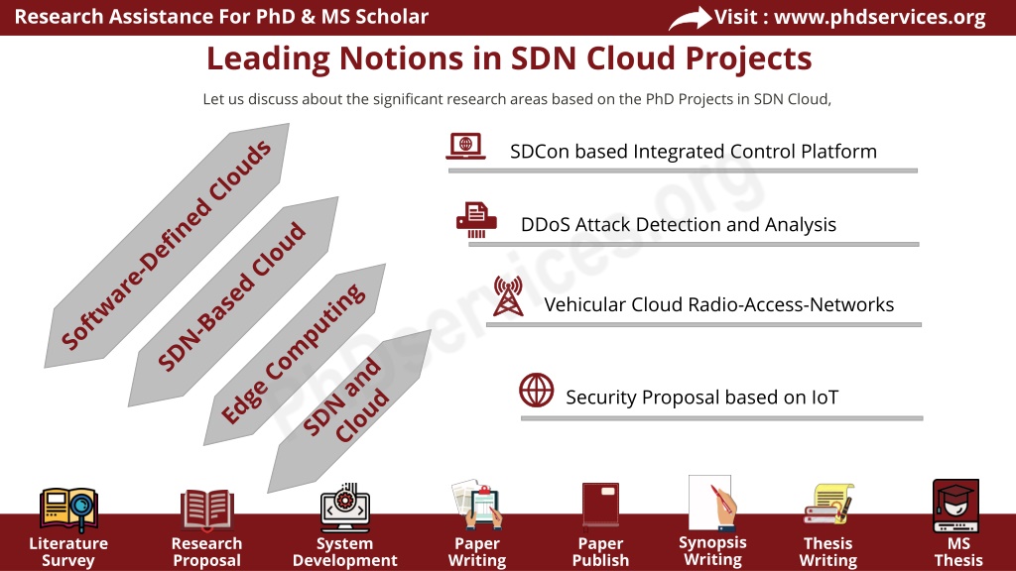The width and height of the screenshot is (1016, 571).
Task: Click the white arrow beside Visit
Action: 690,18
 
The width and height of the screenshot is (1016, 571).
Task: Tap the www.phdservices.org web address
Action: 880,17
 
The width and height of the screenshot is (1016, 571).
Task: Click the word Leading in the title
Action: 268,58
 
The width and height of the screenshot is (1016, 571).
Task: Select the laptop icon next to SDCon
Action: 466,146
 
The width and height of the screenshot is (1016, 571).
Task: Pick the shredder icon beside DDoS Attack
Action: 476,219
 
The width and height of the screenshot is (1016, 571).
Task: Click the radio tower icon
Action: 508,295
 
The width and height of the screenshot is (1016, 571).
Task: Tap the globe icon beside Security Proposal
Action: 537,390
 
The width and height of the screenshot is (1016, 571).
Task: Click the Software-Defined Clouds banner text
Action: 166,246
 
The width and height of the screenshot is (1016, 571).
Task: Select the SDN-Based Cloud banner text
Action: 231,297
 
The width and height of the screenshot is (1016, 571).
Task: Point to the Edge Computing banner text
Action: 293,354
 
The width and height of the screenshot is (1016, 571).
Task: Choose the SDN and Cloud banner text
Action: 346,400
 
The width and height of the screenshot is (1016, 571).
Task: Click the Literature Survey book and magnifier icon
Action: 68,509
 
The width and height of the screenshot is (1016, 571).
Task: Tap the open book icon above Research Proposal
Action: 206,510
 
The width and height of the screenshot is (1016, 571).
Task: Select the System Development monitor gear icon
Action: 344,507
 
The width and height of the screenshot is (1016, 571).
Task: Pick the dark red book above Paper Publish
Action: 600,504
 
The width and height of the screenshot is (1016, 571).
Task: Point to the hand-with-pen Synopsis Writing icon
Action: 712,504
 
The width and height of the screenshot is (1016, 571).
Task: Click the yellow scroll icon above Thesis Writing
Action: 828,504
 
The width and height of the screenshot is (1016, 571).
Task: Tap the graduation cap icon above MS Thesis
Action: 955,506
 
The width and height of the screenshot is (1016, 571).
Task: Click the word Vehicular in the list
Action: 585,304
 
